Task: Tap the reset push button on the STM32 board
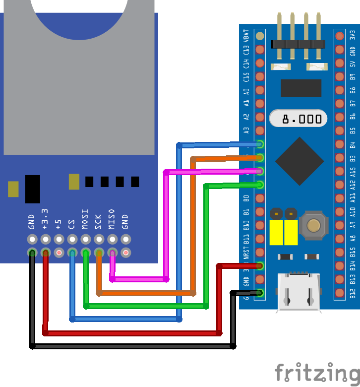coord(313,225)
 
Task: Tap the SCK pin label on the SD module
coord(98,220)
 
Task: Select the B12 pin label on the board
coord(353,293)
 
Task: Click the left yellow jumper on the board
coord(276,232)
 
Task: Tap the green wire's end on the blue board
coord(259,185)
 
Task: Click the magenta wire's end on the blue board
coord(259,171)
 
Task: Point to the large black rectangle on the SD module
coord(32,189)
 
